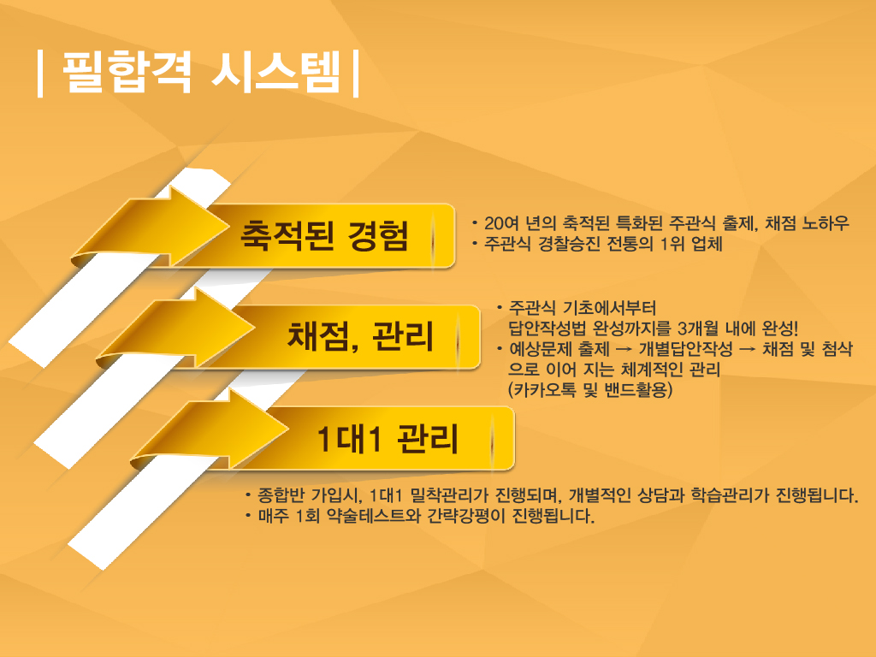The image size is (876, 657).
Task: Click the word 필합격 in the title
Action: (127, 72)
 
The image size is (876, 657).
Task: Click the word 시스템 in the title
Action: (276, 72)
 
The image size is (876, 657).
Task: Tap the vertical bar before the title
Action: (39, 74)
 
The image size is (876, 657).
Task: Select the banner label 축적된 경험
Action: (324, 235)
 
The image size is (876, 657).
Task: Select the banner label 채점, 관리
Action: (360, 336)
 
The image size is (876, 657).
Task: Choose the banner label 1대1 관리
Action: (388, 438)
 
